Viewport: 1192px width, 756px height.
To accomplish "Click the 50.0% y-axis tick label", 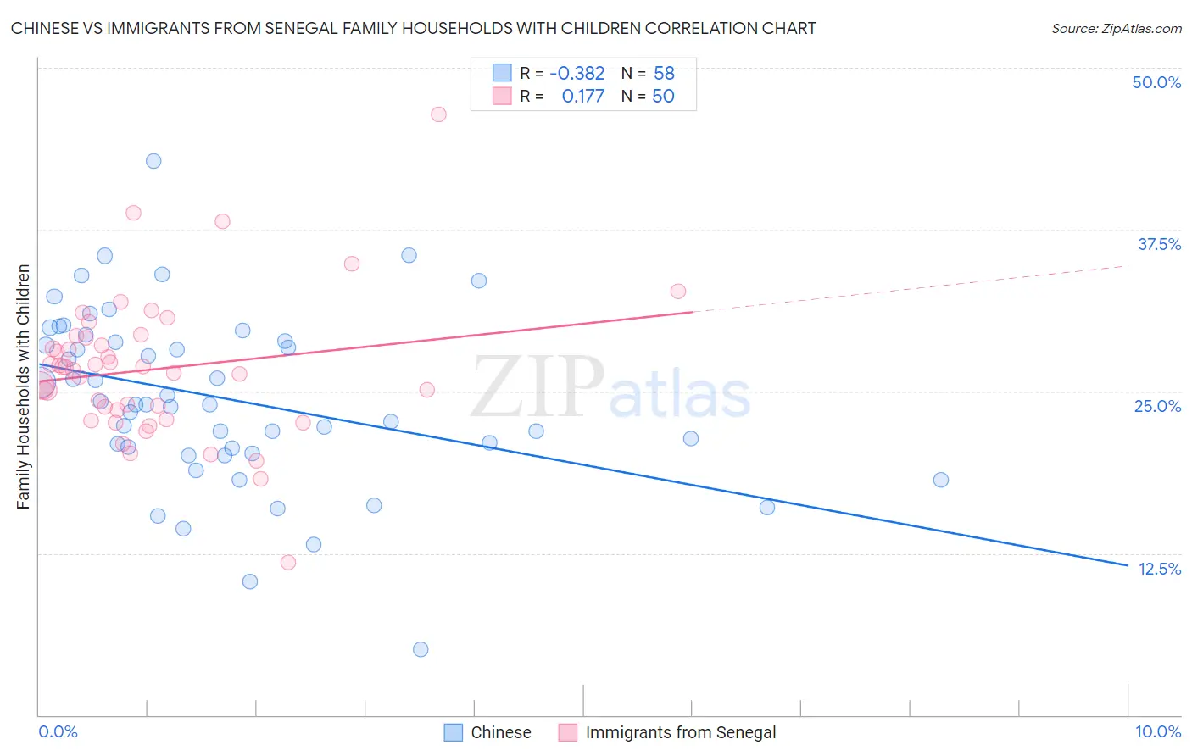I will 1156,83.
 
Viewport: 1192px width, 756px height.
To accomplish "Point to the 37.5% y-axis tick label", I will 1159,244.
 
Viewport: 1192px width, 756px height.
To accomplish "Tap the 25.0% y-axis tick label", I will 1157,406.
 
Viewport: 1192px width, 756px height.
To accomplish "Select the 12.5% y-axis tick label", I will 1159,569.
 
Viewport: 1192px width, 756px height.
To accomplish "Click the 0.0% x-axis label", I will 58,731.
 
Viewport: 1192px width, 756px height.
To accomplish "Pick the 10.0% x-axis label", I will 1157,731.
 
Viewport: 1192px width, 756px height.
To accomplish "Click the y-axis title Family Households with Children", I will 24,386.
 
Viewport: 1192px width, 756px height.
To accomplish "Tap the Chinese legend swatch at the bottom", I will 454,732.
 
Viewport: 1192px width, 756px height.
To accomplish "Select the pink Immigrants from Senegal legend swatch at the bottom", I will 567,732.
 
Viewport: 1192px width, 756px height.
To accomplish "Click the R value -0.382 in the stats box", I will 577,74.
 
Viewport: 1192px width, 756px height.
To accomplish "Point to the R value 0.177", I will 582,97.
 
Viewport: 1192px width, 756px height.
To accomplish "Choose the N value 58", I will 664,74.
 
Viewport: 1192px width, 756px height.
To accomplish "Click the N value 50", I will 663,97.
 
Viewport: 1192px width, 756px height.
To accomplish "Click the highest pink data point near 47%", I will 438,114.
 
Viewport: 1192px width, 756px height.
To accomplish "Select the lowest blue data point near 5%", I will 421,649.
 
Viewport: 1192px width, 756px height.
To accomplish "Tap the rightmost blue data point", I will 941,480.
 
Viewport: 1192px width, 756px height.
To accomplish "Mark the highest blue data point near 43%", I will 153,161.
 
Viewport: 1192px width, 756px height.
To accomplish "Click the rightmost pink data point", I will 678,292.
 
